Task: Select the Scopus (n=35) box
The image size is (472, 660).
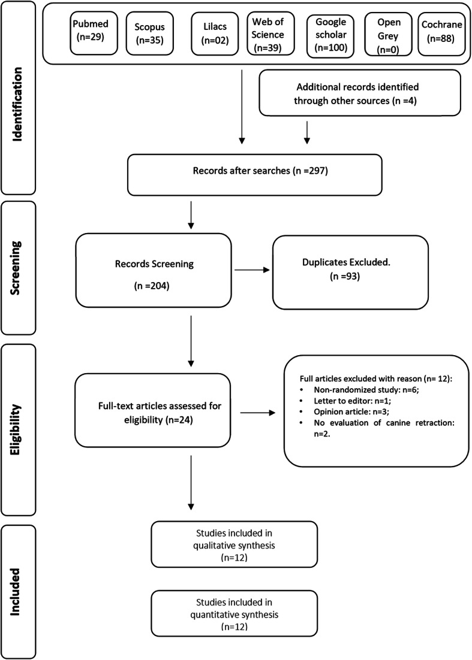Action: coord(148,34)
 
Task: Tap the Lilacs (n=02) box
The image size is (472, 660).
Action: coord(212,34)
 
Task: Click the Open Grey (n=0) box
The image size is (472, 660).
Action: coord(383,34)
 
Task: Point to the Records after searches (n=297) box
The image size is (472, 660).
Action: coord(255,174)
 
